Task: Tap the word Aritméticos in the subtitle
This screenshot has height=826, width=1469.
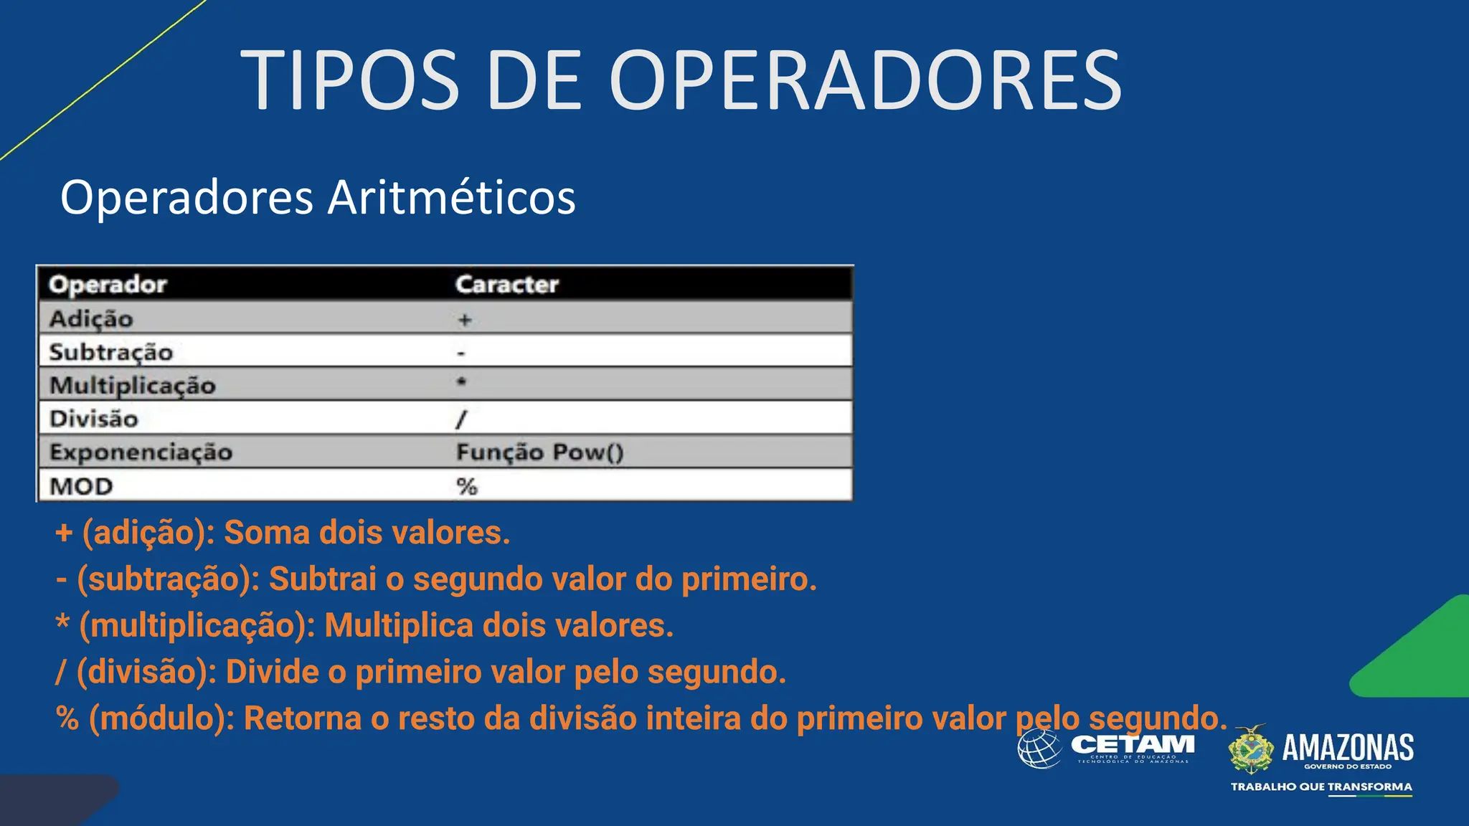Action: pyautogui.click(x=451, y=197)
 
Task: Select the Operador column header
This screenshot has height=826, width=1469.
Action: pyautogui.click(x=108, y=285)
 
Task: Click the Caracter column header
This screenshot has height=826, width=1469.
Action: pyautogui.click(x=507, y=285)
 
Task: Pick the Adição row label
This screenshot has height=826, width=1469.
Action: pyautogui.click(x=91, y=318)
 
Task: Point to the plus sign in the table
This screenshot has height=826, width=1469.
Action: pyautogui.click(x=465, y=320)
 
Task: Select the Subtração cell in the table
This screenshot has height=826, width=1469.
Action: pyautogui.click(x=111, y=352)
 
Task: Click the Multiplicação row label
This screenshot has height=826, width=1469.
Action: pyautogui.click(x=133, y=386)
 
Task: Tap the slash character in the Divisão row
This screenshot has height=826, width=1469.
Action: pyautogui.click(x=462, y=419)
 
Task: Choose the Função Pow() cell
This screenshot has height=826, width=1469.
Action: pyautogui.click(x=540, y=452)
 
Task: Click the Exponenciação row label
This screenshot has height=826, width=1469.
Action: pyautogui.click(x=141, y=452)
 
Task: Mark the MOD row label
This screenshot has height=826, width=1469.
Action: pyautogui.click(x=81, y=486)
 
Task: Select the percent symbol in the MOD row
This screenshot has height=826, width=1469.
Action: pyautogui.click(x=467, y=486)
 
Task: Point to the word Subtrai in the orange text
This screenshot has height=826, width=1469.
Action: pyautogui.click(x=322, y=579)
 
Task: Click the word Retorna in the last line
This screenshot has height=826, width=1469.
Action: pyautogui.click(x=302, y=718)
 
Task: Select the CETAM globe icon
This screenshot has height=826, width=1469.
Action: pyautogui.click(x=1039, y=749)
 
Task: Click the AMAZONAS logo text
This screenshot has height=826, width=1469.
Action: pyautogui.click(x=1348, y=747)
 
